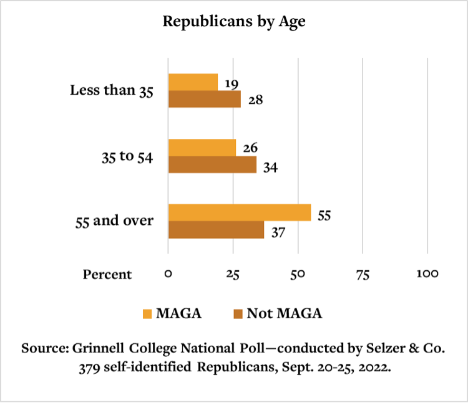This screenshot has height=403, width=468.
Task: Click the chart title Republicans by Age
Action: tap(234, 21)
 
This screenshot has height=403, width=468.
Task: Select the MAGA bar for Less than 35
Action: tap(193, 82)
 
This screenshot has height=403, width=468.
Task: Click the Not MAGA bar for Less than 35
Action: tap(204, 99)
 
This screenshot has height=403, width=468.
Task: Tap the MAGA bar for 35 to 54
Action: tap(202, 148)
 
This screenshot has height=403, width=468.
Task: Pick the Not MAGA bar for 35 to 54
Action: tap(212, 164)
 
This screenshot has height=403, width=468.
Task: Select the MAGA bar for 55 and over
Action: tap(240, 212)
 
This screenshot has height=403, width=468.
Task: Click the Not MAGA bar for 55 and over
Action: tap(216, 230)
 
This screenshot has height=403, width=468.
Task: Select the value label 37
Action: tap(278, 232)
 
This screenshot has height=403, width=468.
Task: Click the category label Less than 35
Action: tap(111, 90)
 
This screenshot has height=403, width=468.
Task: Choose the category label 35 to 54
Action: tap(127, 156)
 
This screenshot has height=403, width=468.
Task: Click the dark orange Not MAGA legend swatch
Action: tap(237, 313)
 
